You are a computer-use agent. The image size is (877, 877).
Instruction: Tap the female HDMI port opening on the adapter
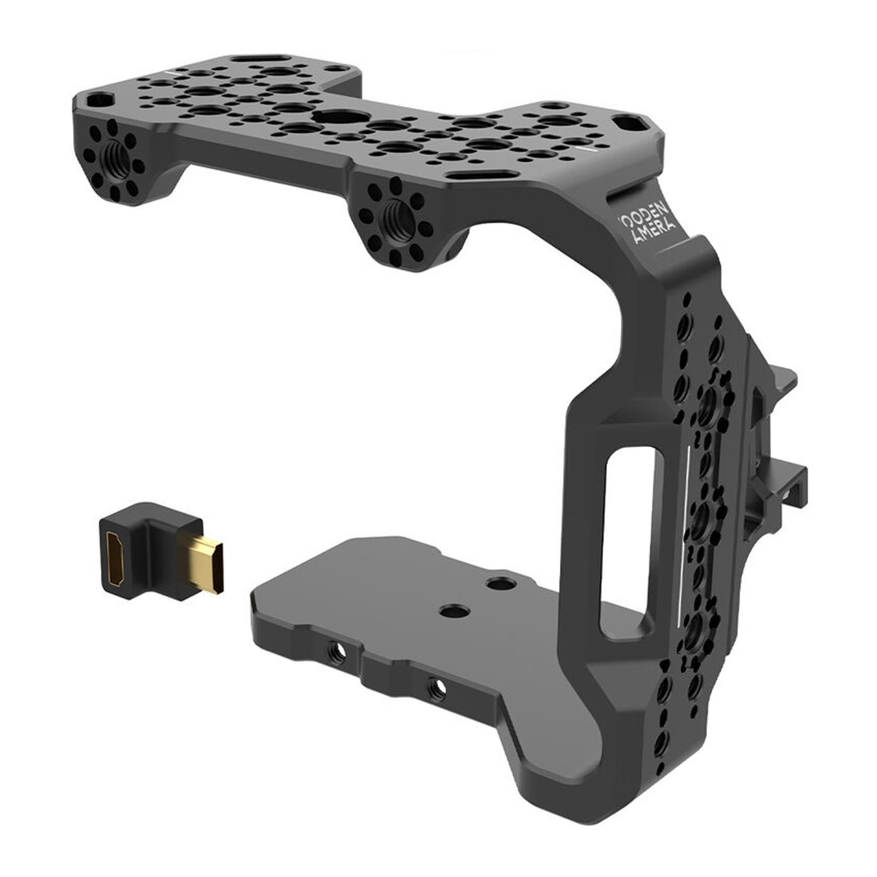tap(117, 560)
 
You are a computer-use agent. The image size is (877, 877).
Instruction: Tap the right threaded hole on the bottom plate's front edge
tap(438, 687)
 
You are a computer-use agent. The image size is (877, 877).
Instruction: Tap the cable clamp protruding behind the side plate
tap(776, 454)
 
